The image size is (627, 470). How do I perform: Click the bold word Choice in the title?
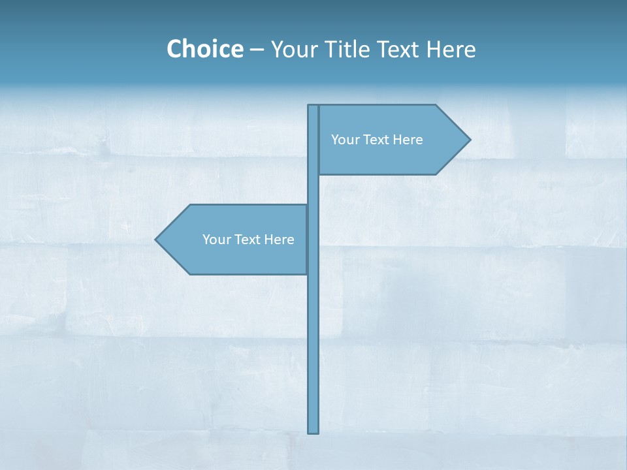tap(204, 49)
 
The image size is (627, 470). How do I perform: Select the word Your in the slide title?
tap(293, 49)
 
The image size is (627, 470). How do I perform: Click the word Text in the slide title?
tap(398, 49)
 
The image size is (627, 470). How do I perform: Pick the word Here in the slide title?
tap(451, 49)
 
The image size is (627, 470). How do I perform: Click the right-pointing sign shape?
tap(392, 157)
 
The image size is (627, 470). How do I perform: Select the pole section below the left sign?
tap(313, 352)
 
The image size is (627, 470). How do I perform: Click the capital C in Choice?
tap(174, 49)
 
